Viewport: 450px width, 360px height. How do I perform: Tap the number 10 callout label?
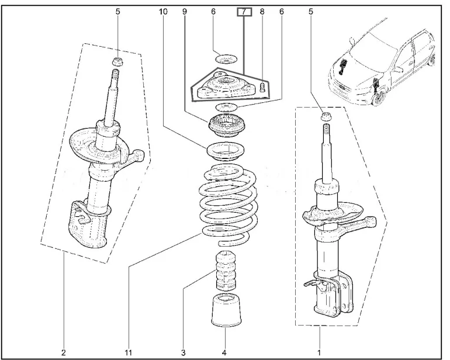click(x=162, y=12)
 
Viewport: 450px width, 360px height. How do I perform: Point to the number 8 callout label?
click(x=262, y=12)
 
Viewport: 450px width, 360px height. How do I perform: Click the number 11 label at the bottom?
click(x=128, y=352)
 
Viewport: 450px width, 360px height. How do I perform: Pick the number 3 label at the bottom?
click(x=183, y=352)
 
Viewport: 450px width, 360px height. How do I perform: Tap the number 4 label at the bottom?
click(x=224, y=352)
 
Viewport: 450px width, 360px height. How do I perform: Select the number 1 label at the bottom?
click(x=319, y=352)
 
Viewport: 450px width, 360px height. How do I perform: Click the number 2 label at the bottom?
click(x=63, y=352)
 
